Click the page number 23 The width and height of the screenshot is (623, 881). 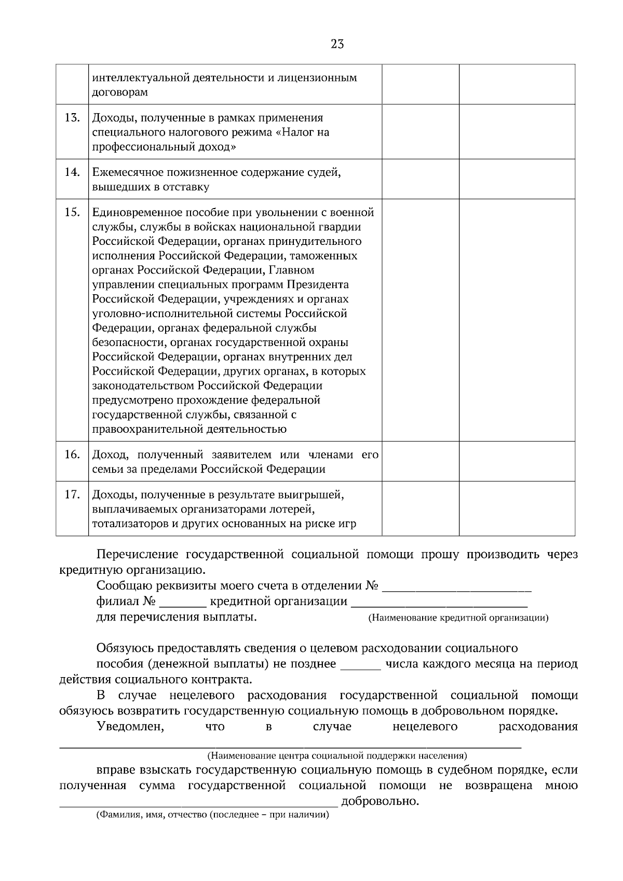click(337, 44)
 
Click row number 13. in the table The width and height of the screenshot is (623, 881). click(72, 118)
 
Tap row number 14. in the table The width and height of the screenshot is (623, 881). click(72, 172)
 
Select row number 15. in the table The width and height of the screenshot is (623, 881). click(72, 212)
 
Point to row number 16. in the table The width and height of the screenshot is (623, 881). click(72, 455)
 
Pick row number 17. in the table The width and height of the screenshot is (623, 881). click(72, 494)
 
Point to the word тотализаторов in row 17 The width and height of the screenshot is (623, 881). click(127, 524)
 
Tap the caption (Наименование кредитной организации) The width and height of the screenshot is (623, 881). click(458, 618)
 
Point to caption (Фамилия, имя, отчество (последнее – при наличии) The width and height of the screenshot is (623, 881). click(213, 815)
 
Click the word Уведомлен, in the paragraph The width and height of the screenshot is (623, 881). click(130, 727)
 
